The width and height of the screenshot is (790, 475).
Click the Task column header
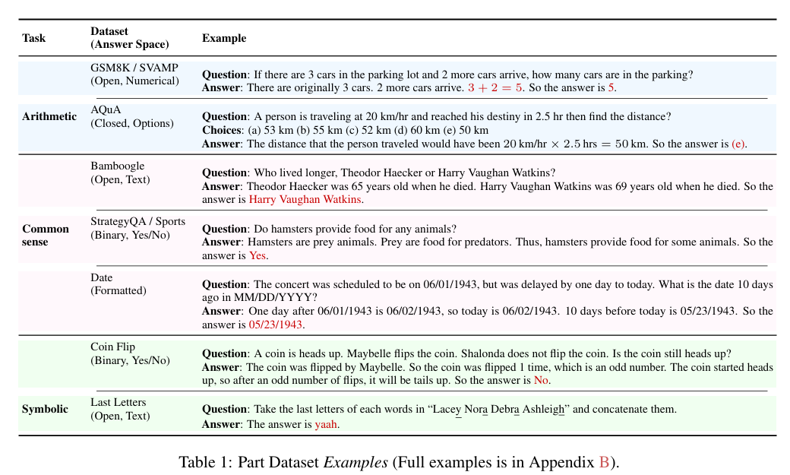tap(33, 38)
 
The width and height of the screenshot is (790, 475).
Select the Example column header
tap(224, 38)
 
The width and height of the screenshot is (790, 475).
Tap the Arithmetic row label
tap(49, 116)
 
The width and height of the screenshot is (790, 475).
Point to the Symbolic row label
tap(45, 409)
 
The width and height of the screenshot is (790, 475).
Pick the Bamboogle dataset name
tap(117, 166)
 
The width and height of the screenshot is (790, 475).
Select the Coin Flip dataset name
tap(112, 347)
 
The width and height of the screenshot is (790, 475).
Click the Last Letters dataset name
tap(118, 402)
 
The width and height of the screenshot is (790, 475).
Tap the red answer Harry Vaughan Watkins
tap(305, 199)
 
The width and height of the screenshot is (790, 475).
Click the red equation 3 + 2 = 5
tap(495, 88)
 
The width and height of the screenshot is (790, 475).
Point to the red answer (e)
tap(738, 144)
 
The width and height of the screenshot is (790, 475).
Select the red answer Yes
tap(258, 255)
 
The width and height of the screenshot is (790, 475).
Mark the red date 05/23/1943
tap(276, 325)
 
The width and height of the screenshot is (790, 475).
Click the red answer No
tap(541, 380)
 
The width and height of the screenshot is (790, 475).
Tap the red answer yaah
tap(326, 424)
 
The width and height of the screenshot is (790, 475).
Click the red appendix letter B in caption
tap(604, 462)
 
